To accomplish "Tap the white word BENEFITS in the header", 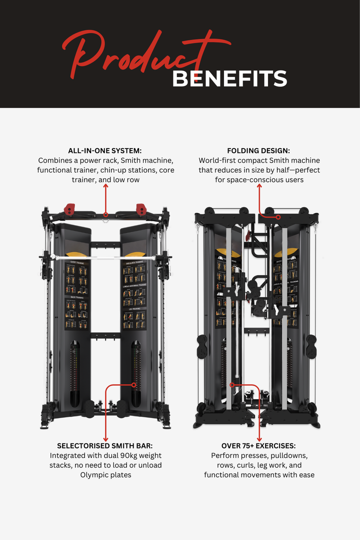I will point(229,79).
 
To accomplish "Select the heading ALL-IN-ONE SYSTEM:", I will point(105,150).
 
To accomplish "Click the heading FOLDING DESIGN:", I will point(258,150).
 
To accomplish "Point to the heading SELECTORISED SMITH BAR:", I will point(105,445).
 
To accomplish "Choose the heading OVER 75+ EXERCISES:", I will point(259,445).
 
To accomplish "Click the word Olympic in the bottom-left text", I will point(93,475).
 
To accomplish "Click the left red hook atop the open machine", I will point(69,207).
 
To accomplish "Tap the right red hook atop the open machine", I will point(140,207).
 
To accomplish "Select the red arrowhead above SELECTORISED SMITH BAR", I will point(105,438).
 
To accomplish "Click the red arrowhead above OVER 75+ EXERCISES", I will point(259,438).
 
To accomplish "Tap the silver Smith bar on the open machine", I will point(105,258).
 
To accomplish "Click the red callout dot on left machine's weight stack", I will point(133,385).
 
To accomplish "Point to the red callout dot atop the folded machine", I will point(278,217).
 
